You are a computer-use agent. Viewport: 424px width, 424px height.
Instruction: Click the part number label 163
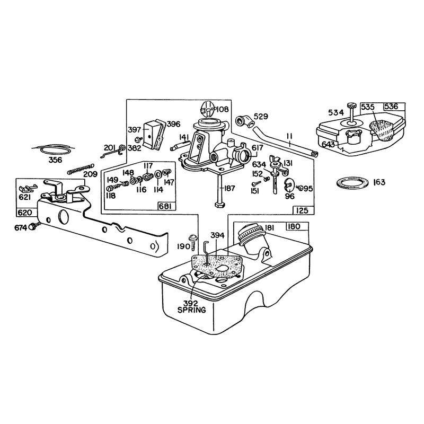point(379,182)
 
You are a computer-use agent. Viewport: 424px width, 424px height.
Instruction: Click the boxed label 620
point(25,213)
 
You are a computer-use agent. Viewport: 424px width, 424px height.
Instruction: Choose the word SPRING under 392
point(191,310)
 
